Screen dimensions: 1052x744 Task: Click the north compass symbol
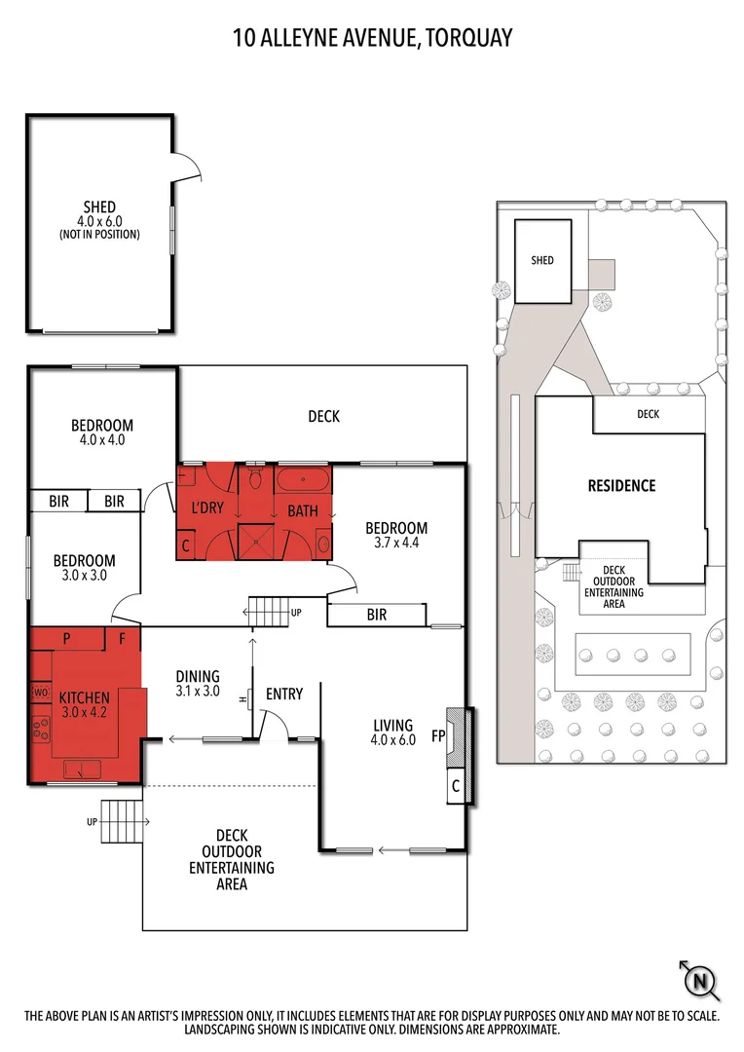point(698,981)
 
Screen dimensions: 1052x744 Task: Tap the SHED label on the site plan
point(542,260)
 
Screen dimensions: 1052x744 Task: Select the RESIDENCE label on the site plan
point(620,485)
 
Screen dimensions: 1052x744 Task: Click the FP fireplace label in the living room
point(438,736)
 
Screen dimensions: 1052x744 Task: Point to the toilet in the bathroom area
point(256,479)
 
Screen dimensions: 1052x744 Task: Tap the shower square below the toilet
point(256,540)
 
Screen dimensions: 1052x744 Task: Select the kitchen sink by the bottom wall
point(82,770)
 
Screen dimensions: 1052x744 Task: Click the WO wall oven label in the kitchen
point(41,692)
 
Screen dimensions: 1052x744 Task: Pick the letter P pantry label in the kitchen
point(67,640)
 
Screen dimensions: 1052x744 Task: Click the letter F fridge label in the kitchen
point(123,640)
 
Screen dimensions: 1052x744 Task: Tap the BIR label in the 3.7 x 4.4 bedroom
point(376,615)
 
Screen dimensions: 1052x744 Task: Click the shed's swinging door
point(187,168)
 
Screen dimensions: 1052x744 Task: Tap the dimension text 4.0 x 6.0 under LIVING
point(393,739)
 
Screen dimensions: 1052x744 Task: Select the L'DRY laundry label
point(205,507)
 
